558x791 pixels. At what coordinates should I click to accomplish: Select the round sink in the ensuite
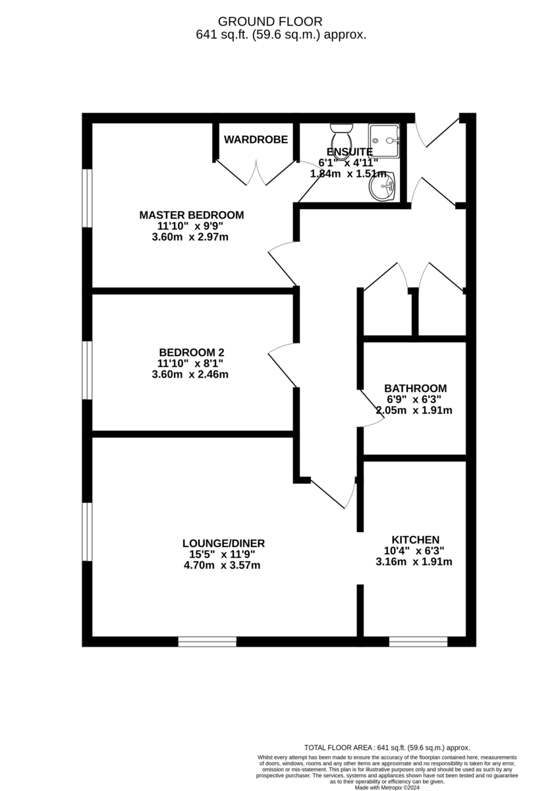(x=383, y=188)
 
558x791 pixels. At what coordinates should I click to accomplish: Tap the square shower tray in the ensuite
(x=383, y=140)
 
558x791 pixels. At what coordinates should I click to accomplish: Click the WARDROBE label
(x=256, y=139)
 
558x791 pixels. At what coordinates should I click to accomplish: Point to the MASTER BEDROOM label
(x=191, y=215)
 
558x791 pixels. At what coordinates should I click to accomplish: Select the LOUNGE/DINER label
(x=223, y=543)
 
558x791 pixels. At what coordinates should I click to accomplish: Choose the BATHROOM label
(x=415, y=388)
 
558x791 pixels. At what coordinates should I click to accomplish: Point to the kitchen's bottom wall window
(x=418, y=641)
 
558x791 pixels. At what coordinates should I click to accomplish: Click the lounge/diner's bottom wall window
(x=207, y=641)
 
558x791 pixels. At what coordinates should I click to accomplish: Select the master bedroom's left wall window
(x=86, y=198)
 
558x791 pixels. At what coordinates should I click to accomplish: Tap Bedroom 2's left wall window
(x=86, y=370)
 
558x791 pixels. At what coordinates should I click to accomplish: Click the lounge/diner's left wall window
(x=86, y=531)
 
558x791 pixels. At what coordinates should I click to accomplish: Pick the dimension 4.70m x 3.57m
(x=223, y=565)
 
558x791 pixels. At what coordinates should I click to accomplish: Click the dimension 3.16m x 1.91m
(x=414, y=562)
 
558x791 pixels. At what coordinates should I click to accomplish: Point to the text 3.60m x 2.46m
(x=190, y=374)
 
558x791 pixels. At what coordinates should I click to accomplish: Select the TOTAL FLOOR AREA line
(x=387, y=747)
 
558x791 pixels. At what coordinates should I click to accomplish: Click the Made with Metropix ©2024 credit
(x=387, y=787)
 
